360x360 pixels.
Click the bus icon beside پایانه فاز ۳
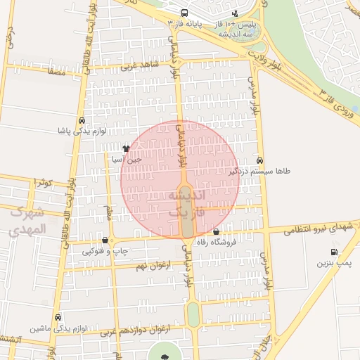[184, 12]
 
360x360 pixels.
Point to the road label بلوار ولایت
[270, 56]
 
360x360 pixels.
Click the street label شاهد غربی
[136, 67]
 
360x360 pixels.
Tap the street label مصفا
[56, 72]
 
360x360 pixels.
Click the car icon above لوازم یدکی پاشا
[83, 120]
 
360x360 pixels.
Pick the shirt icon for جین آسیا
[126, 148]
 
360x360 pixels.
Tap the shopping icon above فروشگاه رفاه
[216, 232]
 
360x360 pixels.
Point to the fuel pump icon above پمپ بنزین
[333, 252]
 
